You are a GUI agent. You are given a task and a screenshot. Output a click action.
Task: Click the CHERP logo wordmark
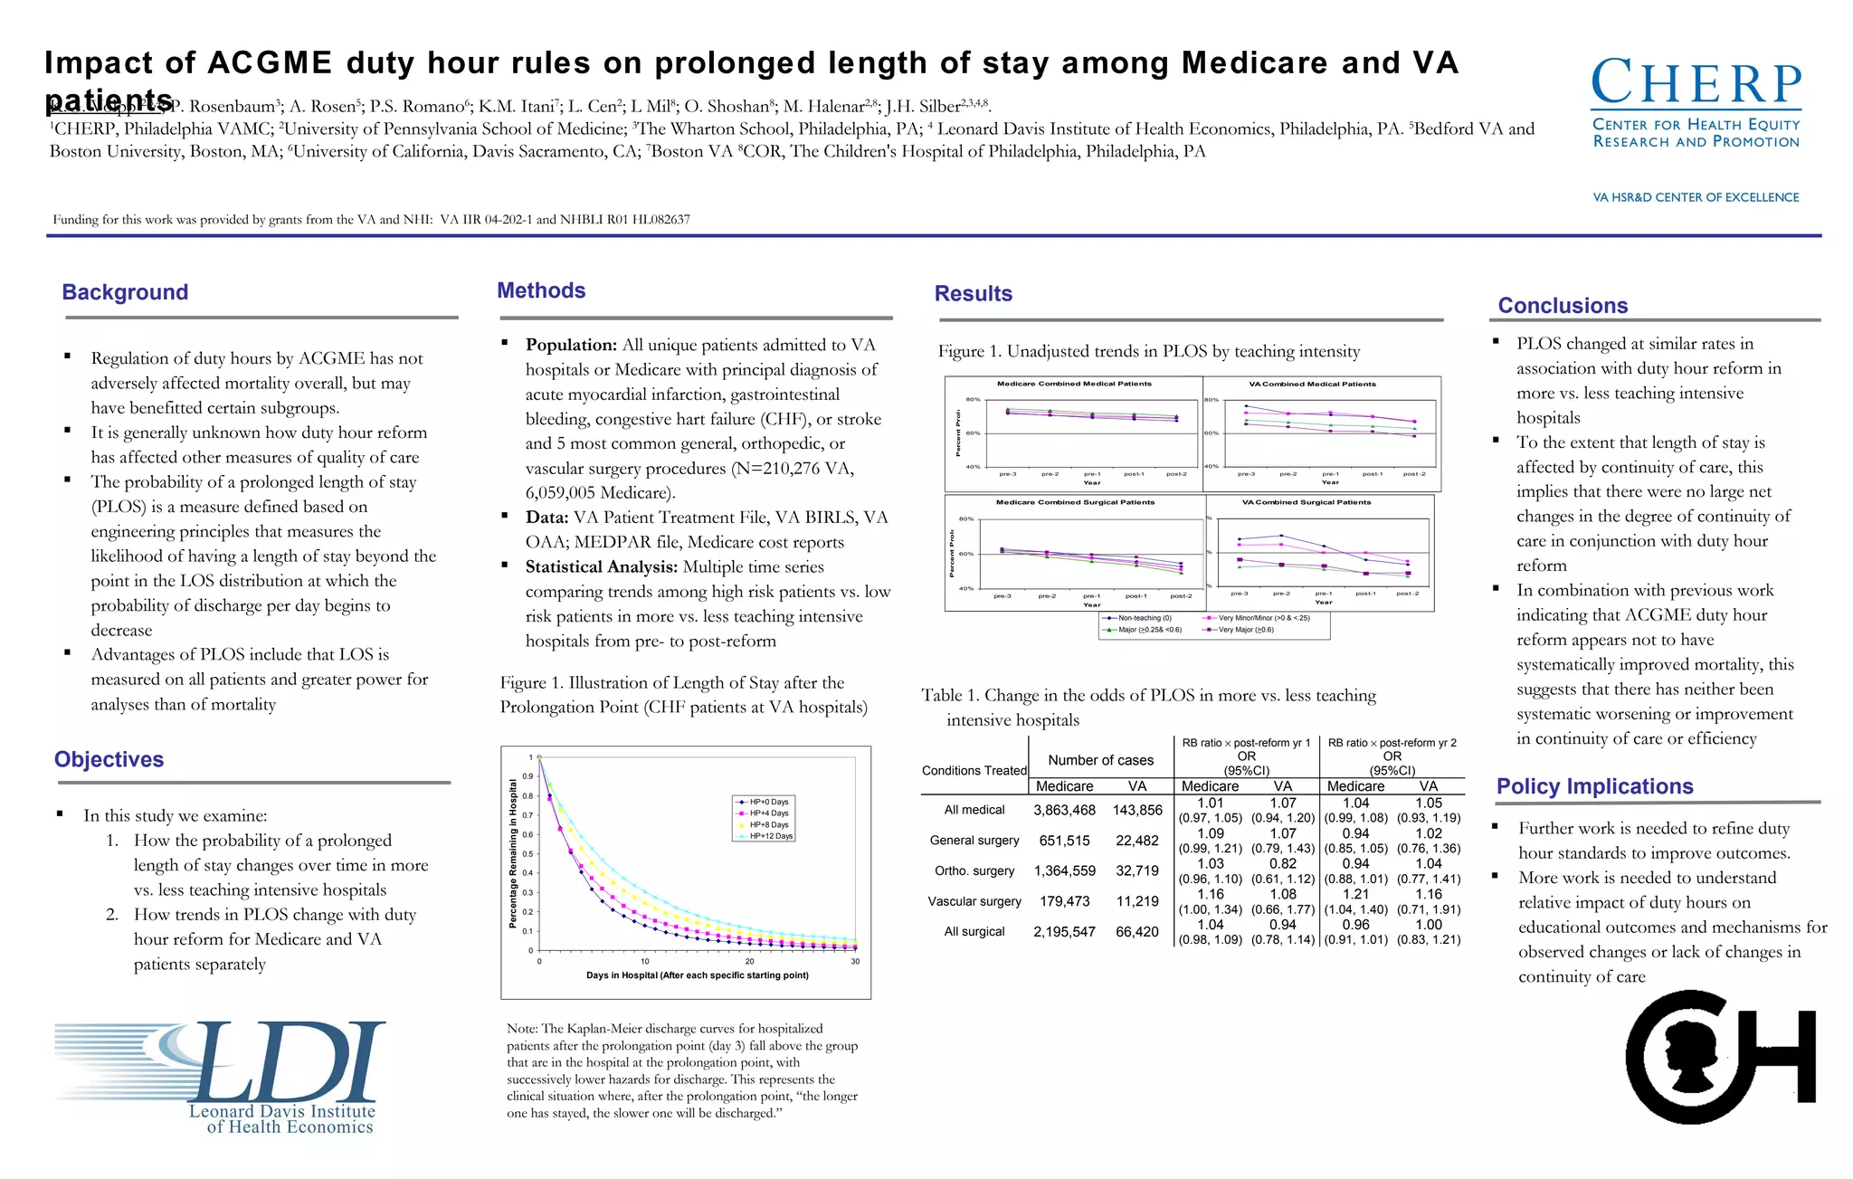1696,84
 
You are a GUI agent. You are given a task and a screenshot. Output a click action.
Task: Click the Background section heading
125,292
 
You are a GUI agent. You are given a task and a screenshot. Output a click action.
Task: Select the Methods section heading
541,290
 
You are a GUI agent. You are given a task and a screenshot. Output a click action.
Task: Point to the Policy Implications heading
1594,786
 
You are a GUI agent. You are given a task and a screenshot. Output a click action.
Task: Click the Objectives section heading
109,759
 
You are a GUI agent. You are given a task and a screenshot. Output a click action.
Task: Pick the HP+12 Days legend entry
770,836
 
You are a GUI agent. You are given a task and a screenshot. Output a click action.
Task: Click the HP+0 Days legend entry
768,802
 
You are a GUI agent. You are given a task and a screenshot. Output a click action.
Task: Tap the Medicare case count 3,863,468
1064,810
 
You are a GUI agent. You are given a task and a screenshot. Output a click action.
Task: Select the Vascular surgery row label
974,901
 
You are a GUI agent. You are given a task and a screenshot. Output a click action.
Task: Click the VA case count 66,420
1137,931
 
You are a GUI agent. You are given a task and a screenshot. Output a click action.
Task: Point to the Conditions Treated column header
974,771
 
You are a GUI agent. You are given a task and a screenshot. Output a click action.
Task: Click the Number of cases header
1100,760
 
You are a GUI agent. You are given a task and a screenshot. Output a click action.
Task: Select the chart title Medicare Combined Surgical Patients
1075,502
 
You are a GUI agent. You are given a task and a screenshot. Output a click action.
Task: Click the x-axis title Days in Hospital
697,975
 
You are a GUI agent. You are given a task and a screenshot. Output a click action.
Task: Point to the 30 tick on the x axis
855,962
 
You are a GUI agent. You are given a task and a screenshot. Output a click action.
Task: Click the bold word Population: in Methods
571,345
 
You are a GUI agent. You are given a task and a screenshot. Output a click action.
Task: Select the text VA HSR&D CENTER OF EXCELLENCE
1696,197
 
